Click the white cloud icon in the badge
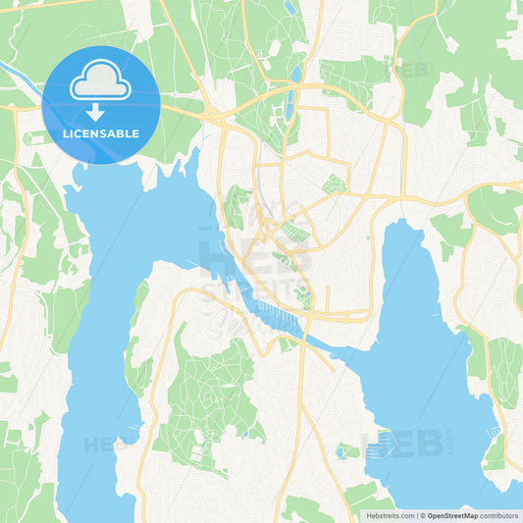point(100,80)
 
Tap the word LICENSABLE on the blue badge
point(100,132)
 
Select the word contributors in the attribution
point(499,514)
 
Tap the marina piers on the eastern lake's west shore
point(381,446)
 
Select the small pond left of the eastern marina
point(348,451)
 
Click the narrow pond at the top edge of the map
point(290,8)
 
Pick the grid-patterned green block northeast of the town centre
point(336,183)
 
